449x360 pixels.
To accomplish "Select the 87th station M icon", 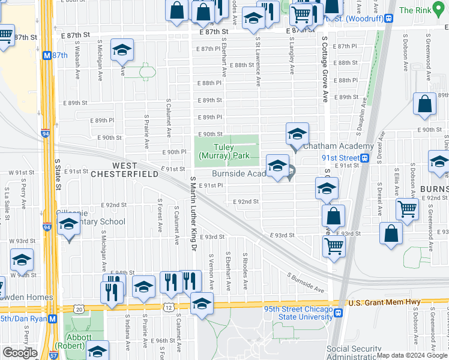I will pyautogui.click(x=46, y=55).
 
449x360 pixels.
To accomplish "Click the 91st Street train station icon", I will pyautogui.click(x=364, y=158).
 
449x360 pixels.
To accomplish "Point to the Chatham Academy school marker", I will pyautogui.click(x=297, y=133).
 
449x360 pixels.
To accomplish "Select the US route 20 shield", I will pyautogui.click(x=80, y=308).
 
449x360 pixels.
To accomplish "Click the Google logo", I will pyautogui.click(x=20, y=353).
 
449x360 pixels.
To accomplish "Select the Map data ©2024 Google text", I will pyautogui.click(x=412, y=355).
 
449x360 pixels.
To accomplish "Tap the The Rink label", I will pyautogui.click(x=415, y=10).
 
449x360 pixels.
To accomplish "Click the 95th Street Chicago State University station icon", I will pyautogui.click(x=339, y=313).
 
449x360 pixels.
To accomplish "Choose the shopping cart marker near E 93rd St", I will pyautogui.click(x=334, y=245).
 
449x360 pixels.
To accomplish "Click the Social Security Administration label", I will pyautogui.click(x=363, y=353).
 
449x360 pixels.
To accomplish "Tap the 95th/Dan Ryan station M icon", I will pyautogui.click(x=52, y=319).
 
